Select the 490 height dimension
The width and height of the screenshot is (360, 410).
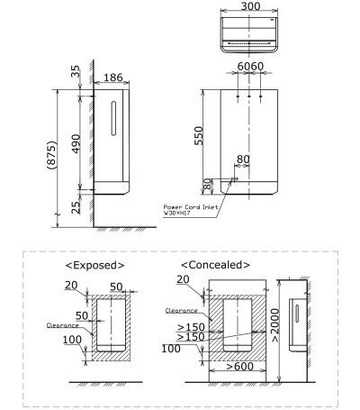pos(76,142)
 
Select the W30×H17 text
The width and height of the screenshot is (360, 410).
pos(178,214)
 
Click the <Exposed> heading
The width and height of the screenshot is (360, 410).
pos(94,265)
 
